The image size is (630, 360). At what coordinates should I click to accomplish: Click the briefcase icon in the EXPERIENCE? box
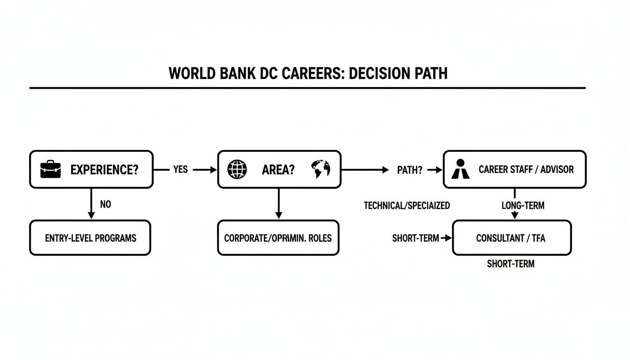click(x=51, y=169)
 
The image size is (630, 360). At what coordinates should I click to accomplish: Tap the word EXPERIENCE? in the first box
click(x=105, y=170)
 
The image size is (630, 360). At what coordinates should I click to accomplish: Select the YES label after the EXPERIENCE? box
click(x=180, y=170)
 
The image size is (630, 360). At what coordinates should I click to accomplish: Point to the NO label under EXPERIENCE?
click(x=105, y=205)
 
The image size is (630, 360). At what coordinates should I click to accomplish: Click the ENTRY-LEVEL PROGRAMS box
click(x=90, y=238)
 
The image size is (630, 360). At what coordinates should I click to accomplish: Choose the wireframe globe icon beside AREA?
click(x=237, y=169)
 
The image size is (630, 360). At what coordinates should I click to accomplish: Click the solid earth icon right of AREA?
click(x=320, y=169)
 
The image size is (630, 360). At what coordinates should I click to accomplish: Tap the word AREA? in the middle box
click(x=278, y=170)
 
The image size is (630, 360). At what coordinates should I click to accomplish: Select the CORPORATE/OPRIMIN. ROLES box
click(x=278, y=238)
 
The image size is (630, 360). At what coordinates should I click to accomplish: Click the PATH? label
click(x=409, y=170)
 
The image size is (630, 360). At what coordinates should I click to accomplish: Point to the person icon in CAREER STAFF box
click(x=460, y=169)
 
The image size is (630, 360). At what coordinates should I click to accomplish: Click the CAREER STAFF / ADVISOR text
click(x=526, y=170)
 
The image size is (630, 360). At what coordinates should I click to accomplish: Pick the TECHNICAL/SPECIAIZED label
click(x=406, y=205)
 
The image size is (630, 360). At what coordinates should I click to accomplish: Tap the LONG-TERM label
click(x=523, y=205)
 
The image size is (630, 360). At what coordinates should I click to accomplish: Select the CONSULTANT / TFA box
click(x=511, y=238)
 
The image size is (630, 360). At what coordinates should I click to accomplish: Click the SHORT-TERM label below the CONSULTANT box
click(x=510, y=264)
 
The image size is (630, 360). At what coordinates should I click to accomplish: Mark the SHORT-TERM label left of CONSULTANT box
click(x=415, y=238)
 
